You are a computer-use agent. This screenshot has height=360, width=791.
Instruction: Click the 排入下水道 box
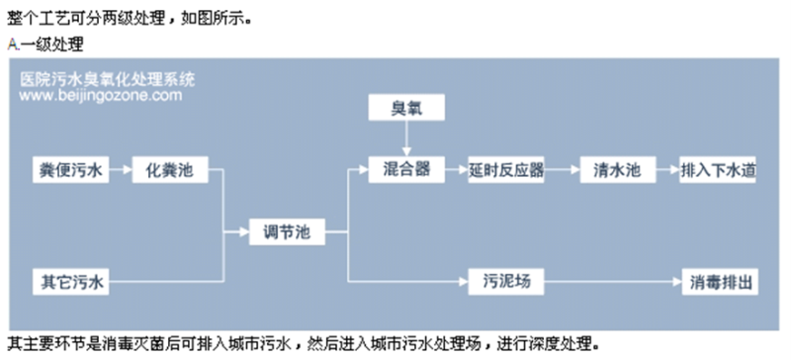click(720, 169)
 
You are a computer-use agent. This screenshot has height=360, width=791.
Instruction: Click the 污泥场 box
click(507, 281)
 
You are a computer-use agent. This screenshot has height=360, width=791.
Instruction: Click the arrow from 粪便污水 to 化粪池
click(119, 169)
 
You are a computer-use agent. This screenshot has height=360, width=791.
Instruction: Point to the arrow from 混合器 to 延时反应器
click(454, 169)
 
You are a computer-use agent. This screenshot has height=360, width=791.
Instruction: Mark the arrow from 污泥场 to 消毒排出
click(613, 281)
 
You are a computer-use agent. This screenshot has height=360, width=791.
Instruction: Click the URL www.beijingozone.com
click(100, 96)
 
